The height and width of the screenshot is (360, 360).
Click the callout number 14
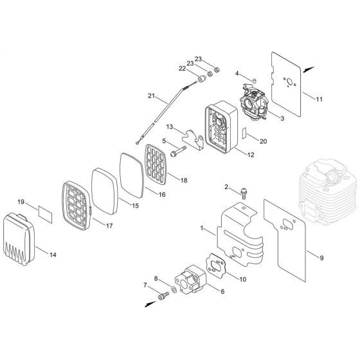[x=53, y=255]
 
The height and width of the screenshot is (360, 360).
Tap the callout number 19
[x=21, y=202]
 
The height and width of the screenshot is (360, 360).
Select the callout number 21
[x=152, y=96]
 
